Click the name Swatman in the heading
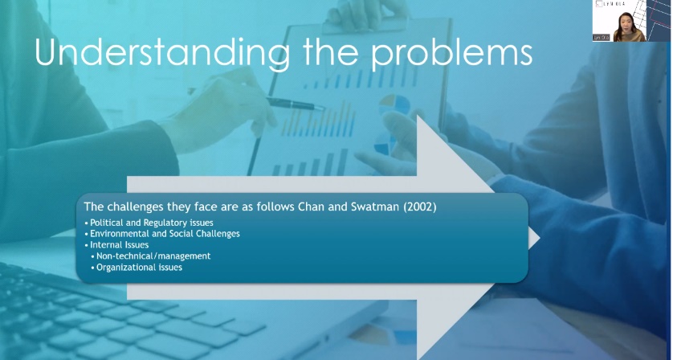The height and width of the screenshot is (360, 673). coord(375,207)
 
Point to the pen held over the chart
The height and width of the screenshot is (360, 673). coord(296,104)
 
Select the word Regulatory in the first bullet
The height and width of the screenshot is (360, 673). coord(165,223)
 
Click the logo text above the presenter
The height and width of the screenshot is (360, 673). coord(614,4)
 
